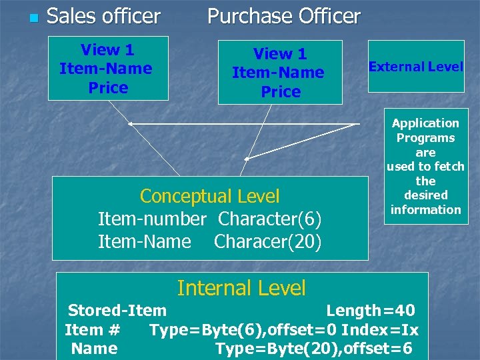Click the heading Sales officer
[x=103, y=16]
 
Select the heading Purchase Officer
[x=284, y=16]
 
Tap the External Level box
[x=416, y=67]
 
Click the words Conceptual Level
[x=209, y=196]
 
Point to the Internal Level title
[x=241, y=288]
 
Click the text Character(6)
[x=269, y=219]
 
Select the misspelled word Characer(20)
[x=267, y=241]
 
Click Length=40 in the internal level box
[x=370, y=310]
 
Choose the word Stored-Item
[x=117, y=310]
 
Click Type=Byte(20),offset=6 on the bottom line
[x=313, y=348]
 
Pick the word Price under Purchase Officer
[x=281, y=92]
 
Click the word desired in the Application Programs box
[x=425, y=195]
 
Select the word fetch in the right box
[x=447, y=167]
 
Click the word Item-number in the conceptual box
[x=152, y=219]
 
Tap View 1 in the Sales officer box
[x=107, y=50]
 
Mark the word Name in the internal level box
[x=94, y=348]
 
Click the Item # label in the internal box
[x=92, y=329]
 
